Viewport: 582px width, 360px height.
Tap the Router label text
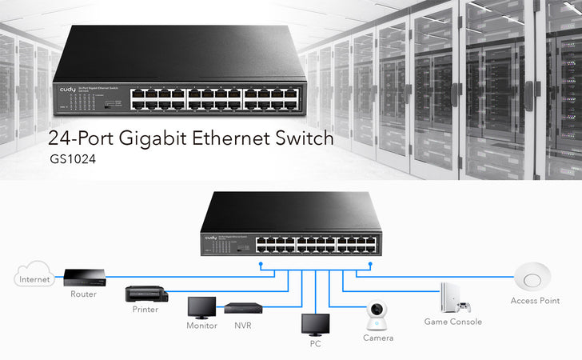83,294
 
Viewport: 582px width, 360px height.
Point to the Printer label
145,309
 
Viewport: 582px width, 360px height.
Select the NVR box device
243,307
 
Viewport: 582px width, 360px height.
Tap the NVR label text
243,326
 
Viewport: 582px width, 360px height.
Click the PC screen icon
314,324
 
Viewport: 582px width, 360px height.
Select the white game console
449,297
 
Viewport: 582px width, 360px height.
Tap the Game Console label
453,322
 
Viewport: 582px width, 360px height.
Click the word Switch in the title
301,138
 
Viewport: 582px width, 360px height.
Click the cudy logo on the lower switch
212,238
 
